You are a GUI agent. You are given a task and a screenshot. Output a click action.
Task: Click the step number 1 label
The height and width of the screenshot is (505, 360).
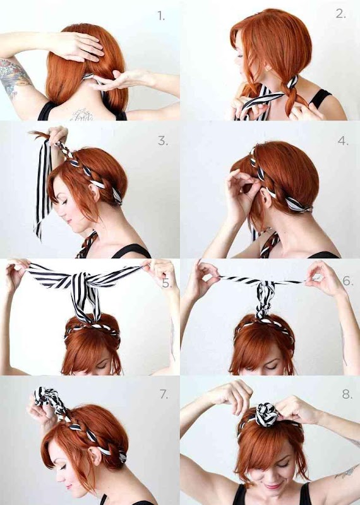click(161, 15)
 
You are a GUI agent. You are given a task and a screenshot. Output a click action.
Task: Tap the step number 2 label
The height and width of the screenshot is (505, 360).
click(340, 13)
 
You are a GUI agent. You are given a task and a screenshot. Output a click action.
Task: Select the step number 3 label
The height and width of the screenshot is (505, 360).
click(163, 141)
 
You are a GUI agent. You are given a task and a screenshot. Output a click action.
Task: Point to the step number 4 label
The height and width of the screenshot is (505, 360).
click(343, 141)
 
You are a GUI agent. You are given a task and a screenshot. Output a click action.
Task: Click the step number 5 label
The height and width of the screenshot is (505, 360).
click(166, 283)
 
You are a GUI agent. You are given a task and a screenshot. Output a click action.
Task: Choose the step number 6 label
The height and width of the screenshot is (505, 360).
click(348, 281)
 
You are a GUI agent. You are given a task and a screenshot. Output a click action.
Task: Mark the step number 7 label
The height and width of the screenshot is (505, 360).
click(164, 394)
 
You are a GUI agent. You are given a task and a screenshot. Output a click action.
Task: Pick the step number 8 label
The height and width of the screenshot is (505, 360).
click(347, 394)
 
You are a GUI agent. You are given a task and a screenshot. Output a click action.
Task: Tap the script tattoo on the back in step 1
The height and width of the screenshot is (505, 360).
click(82, 115)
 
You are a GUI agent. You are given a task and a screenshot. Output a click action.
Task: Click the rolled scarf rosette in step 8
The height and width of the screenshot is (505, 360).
click(267, 414)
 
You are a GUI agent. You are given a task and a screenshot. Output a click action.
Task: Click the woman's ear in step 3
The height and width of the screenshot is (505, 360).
click(94, 193)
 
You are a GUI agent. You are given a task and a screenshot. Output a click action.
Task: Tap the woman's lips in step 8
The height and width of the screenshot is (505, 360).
click(272, 485)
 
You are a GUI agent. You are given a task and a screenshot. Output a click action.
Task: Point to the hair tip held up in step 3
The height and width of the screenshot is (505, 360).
click(39, 133)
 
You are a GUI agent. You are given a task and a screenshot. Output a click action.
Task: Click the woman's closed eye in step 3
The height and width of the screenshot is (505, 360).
click(64, 202)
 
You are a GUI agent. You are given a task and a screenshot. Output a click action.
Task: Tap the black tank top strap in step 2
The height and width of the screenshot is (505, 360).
click(320, 98)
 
